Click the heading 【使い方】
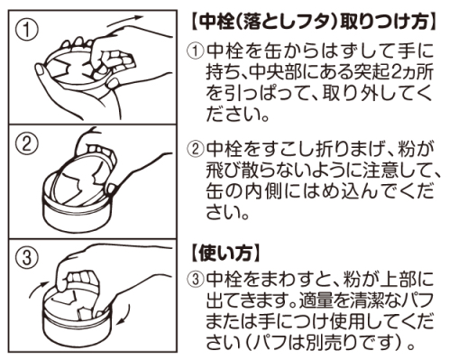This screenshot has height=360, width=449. (x=224, y=246)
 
